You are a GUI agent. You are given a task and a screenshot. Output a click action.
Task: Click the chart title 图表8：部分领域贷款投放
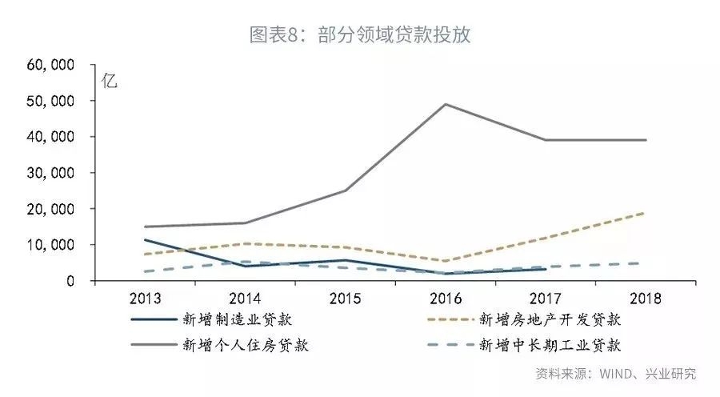[x=360, y=34]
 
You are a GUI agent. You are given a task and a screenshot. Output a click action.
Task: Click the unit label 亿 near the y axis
[x=110, y=80]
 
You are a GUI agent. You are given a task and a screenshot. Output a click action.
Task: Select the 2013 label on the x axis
[x=145, y=299]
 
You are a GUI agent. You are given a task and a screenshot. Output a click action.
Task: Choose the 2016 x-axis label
[x=446, y=299]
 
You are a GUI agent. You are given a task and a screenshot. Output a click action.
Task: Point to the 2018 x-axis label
[x=645, y=299]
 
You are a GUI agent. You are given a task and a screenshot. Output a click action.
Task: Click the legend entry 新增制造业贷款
[x=235, y=319]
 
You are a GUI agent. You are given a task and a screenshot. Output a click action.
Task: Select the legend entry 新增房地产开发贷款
[x=550, y=319]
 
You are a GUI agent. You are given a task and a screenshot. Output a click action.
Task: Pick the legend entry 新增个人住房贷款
[x=245, y=345]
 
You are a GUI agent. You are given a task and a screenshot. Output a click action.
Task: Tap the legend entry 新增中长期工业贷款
[x=550, y=345]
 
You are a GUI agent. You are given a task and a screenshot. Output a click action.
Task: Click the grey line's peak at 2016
[x=446, y=104]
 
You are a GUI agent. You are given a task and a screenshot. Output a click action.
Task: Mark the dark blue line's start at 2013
[x=146, y=240]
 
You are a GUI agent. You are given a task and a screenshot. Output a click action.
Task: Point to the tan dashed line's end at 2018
[x=645, y=213]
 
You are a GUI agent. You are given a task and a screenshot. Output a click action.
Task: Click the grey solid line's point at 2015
[x=345, y=190]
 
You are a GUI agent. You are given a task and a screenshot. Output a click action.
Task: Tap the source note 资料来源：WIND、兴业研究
[x=615, y=374]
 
